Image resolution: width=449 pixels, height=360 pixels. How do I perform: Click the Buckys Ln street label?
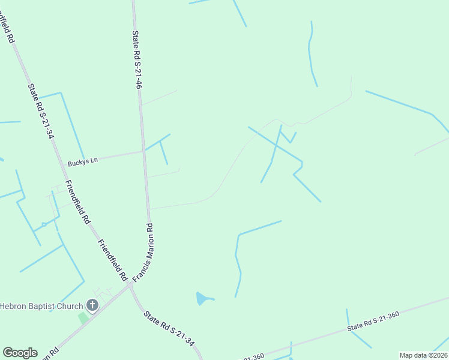[x=82, y=162]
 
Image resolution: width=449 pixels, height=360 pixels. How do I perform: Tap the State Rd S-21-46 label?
[x=137, y=61]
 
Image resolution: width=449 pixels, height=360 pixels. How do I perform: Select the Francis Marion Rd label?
[x=143, y=251]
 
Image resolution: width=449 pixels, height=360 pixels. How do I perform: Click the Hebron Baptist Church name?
[x=41, y=306]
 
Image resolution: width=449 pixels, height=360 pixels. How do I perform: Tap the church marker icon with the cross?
[x=92, y=306]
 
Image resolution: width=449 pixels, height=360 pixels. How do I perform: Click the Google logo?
[x=20, y=353]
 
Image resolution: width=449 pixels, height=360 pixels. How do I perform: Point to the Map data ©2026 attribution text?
[x=423, y=355]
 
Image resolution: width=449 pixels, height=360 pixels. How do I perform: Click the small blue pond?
[x=203, y=298]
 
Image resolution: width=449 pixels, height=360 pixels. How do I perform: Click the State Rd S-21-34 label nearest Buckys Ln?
[x=41, y=111]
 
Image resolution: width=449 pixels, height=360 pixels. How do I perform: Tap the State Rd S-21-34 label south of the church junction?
[x=169, y=329]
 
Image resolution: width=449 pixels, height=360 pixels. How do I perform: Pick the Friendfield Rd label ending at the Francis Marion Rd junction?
[x=113, y=260]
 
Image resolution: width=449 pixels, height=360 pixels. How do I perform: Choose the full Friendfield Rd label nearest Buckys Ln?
[x=77, y=202]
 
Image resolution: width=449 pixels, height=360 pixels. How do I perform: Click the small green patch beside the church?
[x=83, y=317]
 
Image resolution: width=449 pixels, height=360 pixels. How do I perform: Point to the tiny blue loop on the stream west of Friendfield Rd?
[x=44, y=225]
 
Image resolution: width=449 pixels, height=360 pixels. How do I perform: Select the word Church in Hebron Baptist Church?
[x=70, y=306]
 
